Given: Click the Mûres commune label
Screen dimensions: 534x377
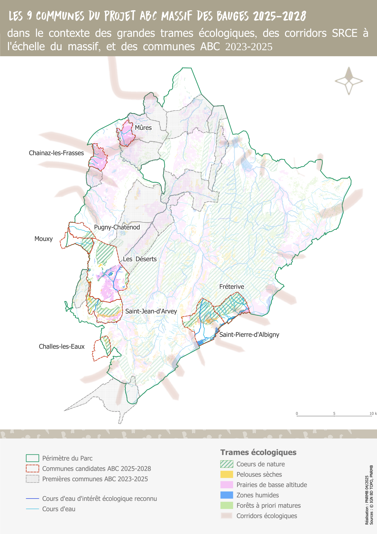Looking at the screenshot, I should point(143,128).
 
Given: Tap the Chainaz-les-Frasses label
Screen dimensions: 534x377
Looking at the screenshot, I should point(56,153).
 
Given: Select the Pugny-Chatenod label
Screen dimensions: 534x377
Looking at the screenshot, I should point(117,227).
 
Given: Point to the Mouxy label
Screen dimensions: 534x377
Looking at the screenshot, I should point(43,239).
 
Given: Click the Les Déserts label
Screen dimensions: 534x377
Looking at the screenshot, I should point(140,259).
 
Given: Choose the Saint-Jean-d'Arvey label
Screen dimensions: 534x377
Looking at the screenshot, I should point(151,311).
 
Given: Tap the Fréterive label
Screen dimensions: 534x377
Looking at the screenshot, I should point(231,287).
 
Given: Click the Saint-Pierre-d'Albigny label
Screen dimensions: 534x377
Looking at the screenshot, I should point(249,335).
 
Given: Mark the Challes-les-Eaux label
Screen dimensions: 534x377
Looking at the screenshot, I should point(62,347).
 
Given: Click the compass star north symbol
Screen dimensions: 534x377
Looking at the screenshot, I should point(349,81).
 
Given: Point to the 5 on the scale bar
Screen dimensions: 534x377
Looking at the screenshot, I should point(334,414).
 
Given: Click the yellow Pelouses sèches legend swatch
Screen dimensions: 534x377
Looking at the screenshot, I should point(227,475).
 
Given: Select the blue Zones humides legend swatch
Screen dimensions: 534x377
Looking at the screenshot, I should point(227,495).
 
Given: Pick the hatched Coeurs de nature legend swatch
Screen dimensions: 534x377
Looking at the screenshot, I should point(227,464).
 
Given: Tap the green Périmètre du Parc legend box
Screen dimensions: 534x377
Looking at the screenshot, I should point(32,458).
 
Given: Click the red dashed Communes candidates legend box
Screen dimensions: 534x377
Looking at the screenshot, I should point(32,468).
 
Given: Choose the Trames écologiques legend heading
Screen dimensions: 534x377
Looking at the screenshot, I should point(258,453).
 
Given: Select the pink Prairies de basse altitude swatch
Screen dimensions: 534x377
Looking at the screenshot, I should point(227,485).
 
